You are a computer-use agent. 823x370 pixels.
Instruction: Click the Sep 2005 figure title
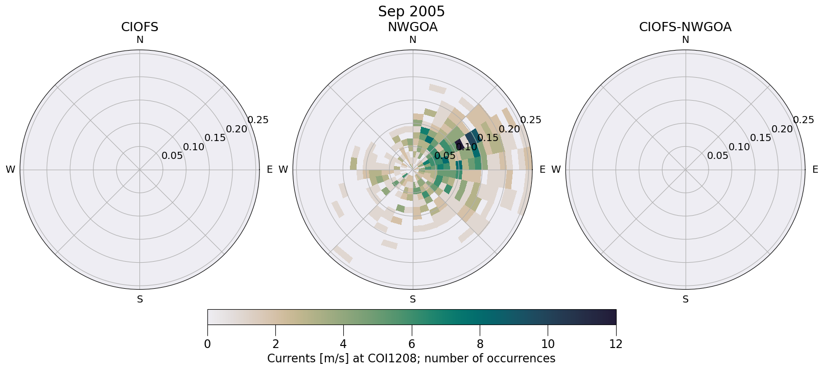[x=411, y=11]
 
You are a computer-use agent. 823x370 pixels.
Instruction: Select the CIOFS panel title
[x=139, y=27]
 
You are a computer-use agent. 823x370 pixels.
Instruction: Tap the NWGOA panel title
[x=412, y=27]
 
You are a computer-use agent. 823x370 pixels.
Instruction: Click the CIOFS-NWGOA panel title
[x=685, y=27]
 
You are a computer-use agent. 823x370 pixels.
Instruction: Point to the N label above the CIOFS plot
[x=139, y=40]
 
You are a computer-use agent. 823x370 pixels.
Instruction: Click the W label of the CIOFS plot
[x=10, y=170]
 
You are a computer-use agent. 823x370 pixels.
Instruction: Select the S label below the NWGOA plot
[x=412, y=299]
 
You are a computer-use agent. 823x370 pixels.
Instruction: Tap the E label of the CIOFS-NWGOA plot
[x=815, y=170]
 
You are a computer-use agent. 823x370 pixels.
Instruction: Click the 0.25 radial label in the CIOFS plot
[x=258, y=120]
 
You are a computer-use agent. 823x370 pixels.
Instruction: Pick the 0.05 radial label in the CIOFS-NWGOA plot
[x=718, y=156]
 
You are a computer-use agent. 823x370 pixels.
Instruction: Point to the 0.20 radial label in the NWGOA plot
[x=509, y=129]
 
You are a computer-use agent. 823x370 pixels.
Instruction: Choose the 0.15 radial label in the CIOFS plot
[x=215, y=138]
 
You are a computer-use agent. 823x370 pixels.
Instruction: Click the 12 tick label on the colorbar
[x=616, y=344]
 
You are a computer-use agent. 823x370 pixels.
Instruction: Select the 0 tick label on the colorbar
[x=207, y=344]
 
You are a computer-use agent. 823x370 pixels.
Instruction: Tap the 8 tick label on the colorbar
[x=480, y=344]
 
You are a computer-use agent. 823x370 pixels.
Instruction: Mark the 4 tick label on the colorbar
[x=343, y=344]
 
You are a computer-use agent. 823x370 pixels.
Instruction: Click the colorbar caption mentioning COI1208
[x=411, y=358]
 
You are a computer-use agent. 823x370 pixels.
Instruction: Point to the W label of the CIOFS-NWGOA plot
[x=556, y=170]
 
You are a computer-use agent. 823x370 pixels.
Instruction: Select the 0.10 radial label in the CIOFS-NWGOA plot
[x=739, y=147]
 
